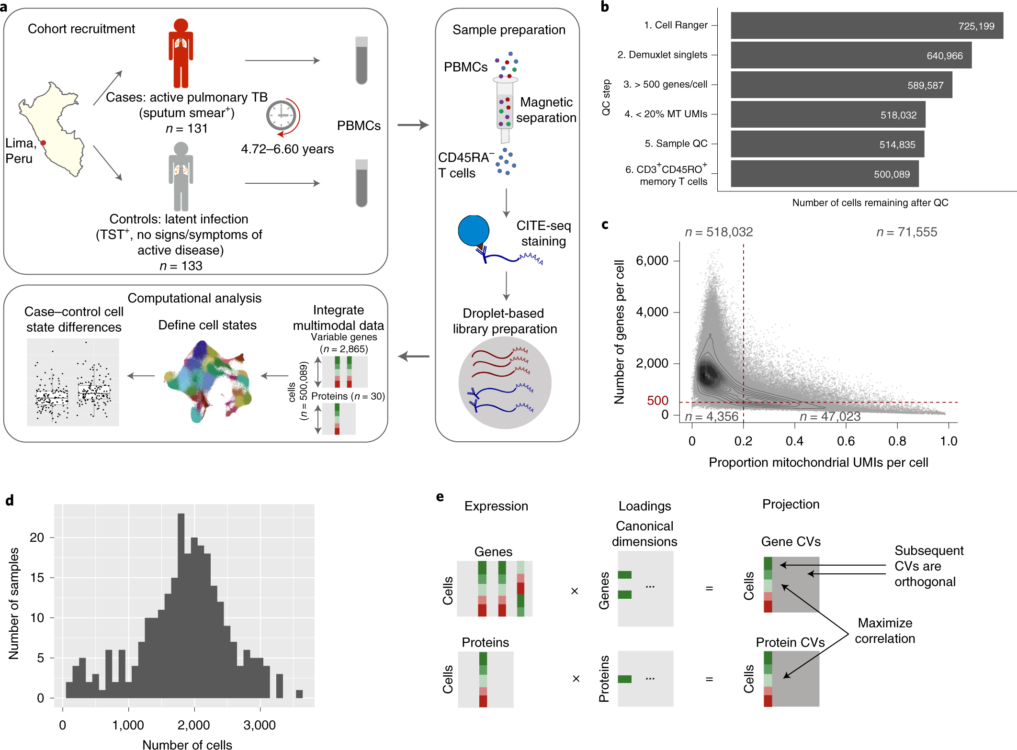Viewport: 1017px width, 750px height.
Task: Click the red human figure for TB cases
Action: [181, 53]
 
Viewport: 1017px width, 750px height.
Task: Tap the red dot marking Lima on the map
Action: [43, 143]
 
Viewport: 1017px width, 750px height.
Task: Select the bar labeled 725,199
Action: [866, 26]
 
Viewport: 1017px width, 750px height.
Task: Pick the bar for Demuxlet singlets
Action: [850, 55]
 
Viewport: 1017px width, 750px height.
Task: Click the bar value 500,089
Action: [891, 174]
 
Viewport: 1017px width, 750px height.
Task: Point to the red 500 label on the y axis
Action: [657, 401]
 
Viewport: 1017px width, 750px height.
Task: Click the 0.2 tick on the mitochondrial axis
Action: [743, 441]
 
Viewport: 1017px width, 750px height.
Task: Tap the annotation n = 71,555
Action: [906, 232]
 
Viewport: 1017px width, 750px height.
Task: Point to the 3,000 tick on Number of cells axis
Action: [260, 725]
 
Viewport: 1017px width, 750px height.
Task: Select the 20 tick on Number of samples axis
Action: [37, 537]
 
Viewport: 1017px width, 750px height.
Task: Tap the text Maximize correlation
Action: [885, 630]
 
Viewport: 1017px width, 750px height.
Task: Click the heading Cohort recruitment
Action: [81, 29]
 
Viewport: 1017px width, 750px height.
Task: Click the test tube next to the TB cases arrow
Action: [362, 60]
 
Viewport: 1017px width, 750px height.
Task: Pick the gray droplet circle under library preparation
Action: [505, 382]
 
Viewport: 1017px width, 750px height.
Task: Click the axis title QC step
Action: [606, 97]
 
